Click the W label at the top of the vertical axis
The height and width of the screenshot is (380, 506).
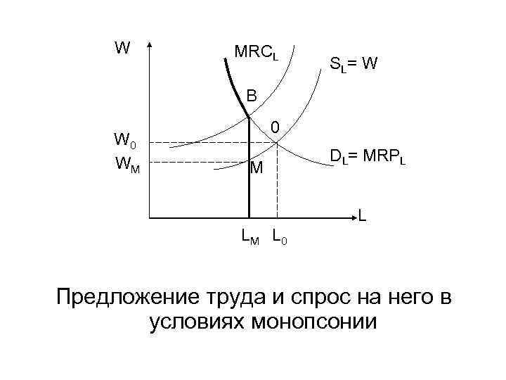click(122, 48)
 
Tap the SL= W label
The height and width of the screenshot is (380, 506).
click(353, 65)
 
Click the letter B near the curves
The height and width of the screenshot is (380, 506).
click(252, 95)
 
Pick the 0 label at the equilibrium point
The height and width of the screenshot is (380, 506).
click(276, 127)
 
